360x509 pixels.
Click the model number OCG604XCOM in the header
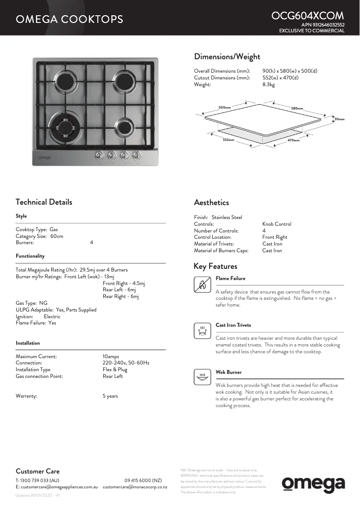[x=307, y=16]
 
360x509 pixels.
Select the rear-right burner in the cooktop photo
[x=123, y=81]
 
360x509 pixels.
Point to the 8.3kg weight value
[x=268, y=84]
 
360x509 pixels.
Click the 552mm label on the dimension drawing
[x=228, y=140]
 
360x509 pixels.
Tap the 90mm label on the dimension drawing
[x=339, y=119]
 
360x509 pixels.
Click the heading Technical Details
[x=44, y=202]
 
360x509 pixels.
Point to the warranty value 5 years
[x=110, y=396]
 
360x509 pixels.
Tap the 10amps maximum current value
[x=110, y=356]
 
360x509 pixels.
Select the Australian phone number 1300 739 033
[x=36, y=480]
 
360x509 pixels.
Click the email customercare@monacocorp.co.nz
[x=135, y=487]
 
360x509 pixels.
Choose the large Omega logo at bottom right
[x=313, y=484]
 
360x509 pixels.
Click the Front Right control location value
[x=275, y=237]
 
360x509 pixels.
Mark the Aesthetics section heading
[x=211, y=202]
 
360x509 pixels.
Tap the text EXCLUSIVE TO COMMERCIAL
[x=312, y=31]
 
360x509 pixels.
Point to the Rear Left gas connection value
[x=112, y=376]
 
